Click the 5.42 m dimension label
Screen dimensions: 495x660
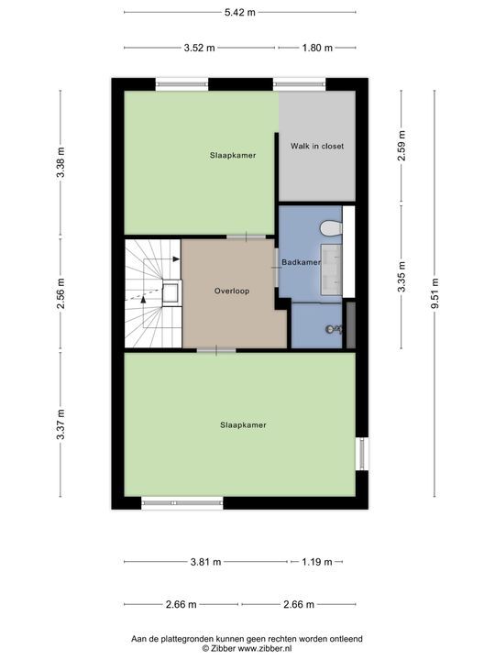[240, 12]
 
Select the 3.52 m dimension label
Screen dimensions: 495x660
[200, 48]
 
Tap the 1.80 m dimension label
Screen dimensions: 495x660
[317, 48]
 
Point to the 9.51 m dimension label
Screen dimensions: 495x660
[435, 293]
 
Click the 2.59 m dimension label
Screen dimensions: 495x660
[402, 146]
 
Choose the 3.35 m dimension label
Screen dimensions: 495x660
[402, 277]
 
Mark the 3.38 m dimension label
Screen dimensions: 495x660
[61, 162]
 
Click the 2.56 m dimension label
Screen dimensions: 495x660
[61, 293]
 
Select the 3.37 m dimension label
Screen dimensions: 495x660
[61, 424]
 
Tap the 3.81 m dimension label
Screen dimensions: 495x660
[206, 562]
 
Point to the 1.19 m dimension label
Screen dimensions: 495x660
[317, 562]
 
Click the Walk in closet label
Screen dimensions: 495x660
[317, 146]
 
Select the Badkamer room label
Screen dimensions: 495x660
[301, 262]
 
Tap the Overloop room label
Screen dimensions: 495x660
[232, 291]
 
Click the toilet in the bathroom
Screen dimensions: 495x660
[331, 228]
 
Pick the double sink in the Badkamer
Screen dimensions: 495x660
[332, 269]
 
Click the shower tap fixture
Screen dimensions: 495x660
[334, 329]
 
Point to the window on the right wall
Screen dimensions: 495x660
[361, 454]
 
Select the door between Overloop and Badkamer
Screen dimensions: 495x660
[277, 268]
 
